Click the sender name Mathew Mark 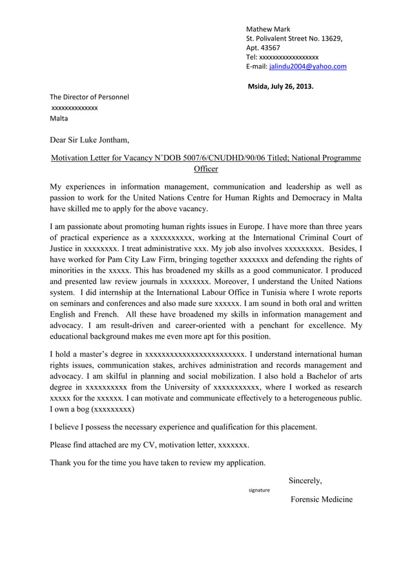click(268, 29)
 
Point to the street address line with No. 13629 click(294, 39)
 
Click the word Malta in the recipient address click(59, 119)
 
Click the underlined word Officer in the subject click(205, 169)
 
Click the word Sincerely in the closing click(305, 481)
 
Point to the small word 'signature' click(259, 490)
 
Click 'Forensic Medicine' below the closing click(322, 500)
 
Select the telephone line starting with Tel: click(282, 57)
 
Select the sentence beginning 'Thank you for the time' click(158, 463)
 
